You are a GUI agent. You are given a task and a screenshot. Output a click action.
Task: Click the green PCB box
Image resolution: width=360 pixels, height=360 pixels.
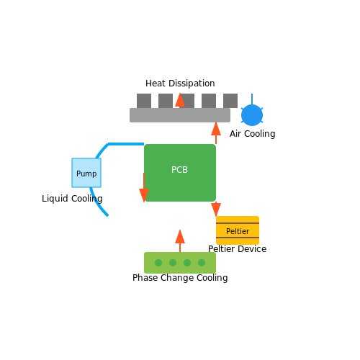tap(180, 173)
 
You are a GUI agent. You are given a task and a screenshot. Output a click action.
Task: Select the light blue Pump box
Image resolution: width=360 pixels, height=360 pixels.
tap(86, 173)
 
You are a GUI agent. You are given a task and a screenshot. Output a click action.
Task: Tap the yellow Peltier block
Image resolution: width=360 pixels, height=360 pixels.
tap(238, 230)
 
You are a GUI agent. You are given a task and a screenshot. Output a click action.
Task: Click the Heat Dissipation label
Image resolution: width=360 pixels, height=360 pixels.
tap(180, 84)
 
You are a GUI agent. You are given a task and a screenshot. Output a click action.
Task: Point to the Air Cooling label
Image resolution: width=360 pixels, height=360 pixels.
tap(253, 134)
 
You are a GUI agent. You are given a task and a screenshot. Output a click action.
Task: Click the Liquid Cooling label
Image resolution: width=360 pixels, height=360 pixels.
tap(72, 199)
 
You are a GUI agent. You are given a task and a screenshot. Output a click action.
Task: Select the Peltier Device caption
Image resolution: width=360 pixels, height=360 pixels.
tap(238, 249)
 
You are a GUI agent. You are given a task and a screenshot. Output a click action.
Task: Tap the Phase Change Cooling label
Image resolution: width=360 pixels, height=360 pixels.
tap(180, 278)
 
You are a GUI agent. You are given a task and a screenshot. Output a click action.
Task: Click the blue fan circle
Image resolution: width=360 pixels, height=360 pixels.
tap(252, 115)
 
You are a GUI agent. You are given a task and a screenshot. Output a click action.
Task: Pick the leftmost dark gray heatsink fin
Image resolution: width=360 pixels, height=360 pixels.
tap(144, 101)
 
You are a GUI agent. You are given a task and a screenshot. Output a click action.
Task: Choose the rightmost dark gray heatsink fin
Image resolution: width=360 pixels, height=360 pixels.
tap(230, 101)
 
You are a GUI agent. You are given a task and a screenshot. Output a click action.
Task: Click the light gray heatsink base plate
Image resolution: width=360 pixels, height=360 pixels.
tap(180, 115)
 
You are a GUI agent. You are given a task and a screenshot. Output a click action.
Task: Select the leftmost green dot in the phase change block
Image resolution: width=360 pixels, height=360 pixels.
tap(158, 263)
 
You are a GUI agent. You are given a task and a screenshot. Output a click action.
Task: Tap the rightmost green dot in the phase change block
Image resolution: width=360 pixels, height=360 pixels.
tap(202, 263)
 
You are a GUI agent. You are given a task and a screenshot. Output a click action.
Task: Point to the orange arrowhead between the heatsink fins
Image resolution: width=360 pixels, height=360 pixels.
tap(180, 100)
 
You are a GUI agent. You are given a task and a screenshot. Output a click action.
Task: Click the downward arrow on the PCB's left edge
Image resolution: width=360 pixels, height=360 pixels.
tap(144, 188)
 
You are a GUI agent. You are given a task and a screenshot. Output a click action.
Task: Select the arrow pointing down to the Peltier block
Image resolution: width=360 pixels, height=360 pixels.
tap(216, 210)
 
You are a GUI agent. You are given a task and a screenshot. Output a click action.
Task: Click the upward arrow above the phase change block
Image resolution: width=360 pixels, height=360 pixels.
tap(180, 240)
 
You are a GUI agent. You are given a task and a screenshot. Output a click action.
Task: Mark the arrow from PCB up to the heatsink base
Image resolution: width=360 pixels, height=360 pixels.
tap(216, 132)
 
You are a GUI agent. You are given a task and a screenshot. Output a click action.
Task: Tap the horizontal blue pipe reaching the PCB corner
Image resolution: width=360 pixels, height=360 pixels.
tap(126, 144)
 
